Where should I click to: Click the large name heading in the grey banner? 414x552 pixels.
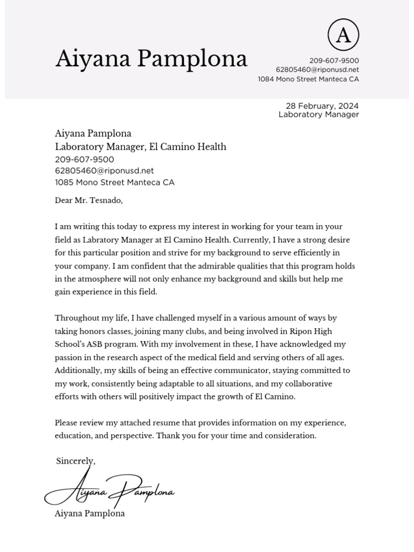pos(151,59)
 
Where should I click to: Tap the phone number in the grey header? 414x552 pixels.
pos(334,60)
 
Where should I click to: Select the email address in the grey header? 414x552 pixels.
pos(317,70)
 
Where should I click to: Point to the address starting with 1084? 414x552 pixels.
pos(308,79)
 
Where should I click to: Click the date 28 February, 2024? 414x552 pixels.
pos(322,106)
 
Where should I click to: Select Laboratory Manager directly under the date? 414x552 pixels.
pos(318,114)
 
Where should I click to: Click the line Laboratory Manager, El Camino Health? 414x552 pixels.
pos(140,147)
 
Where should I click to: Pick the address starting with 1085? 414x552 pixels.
pos(114,182)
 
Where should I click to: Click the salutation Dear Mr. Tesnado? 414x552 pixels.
pos(88,201)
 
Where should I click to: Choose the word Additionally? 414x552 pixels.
pos(78,371)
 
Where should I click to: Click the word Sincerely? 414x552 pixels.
pos(75,461)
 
